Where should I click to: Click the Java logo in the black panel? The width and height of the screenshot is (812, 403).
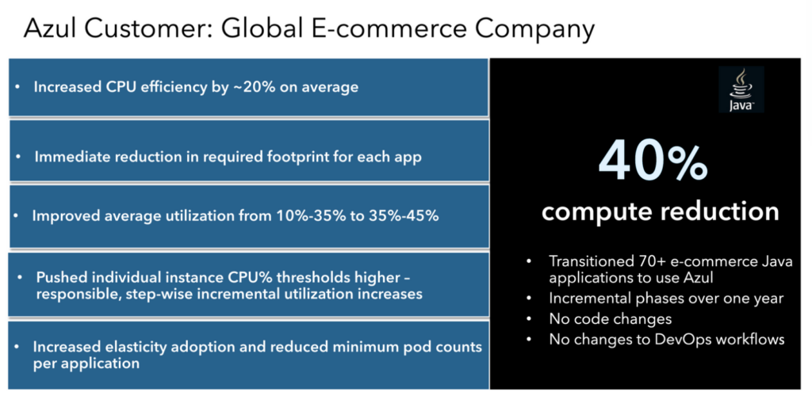pyautogui.click(x=741, y=89)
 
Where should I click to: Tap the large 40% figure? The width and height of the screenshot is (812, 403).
pyautogui.click(x=652, y=162)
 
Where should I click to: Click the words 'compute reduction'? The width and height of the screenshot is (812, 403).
pyautogui.click(x=660, y=211)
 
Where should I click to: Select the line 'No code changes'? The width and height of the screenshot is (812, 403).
pyautogui.click(x=610, y=319)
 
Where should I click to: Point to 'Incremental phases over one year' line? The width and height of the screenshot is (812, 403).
pyautogui.click(x=665, y=299)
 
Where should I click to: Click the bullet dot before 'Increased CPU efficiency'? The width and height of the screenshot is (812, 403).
pyautogui.click(x=18, y=87)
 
